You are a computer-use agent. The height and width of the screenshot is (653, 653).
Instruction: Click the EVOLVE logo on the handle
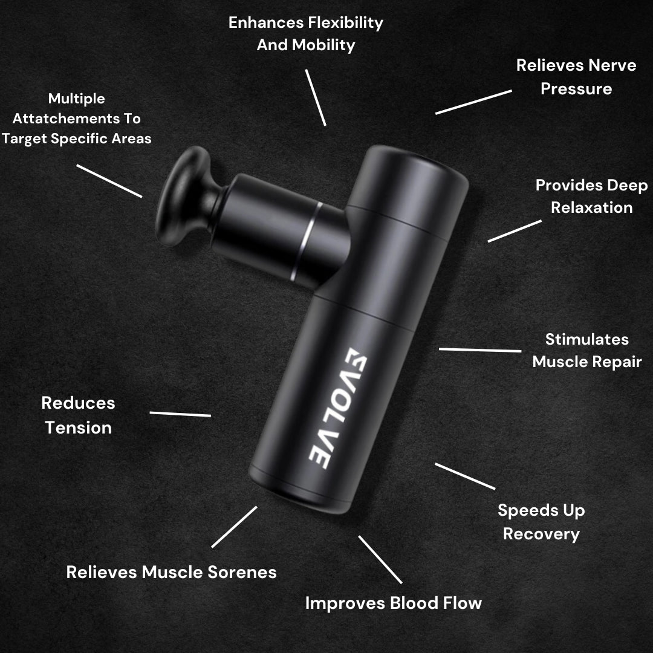tap(338, 408)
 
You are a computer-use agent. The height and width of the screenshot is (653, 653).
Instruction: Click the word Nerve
tap(612, 65)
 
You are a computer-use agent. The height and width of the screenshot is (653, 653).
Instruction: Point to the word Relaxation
tap(592, 207)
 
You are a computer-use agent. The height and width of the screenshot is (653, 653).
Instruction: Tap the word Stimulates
tap(586, 339)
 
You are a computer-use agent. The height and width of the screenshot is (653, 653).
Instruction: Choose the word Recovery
tap(541, 534)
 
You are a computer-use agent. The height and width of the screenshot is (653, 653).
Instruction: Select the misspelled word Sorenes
tap(242, 572)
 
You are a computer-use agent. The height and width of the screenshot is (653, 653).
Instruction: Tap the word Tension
tap(78, 427)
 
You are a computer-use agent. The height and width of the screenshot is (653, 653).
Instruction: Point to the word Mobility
tap(323, 45)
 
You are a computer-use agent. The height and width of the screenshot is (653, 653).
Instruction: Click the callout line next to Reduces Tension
tap(180, 414)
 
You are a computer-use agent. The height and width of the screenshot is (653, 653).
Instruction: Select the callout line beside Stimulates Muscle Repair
tap(480, 350)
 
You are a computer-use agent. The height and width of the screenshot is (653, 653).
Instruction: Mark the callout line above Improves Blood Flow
tap(380, 559)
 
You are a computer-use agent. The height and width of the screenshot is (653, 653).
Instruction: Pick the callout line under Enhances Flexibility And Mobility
tap(316, 97)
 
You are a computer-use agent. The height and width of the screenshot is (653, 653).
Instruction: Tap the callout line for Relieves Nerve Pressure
tap(473, 102)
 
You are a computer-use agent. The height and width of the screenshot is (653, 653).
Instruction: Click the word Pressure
tap(576, 89)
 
